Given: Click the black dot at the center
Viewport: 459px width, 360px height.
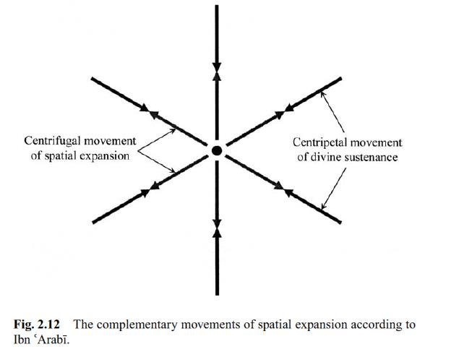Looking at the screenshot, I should click(216, 150).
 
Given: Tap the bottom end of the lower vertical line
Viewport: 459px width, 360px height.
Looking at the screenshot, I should click(216, 293).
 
